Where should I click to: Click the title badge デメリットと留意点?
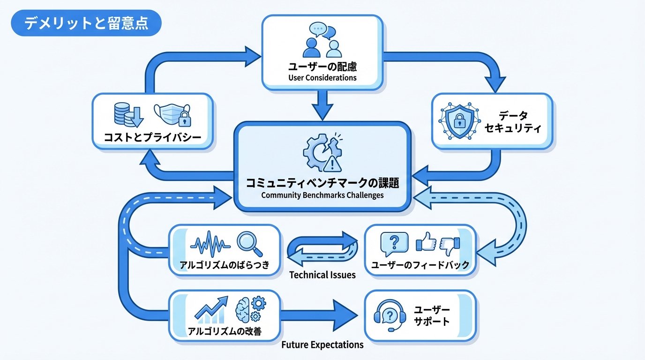tap(86, 23)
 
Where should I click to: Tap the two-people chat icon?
tap(322, 41)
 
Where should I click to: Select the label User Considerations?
tap(322, 78)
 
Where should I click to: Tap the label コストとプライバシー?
tap(152, 137)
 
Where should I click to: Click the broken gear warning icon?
tap(322, 152)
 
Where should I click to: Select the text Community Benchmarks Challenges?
tap(322, 195)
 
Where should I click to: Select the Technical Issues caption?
tap(322, 275)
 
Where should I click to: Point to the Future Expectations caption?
tap(322, 345)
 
